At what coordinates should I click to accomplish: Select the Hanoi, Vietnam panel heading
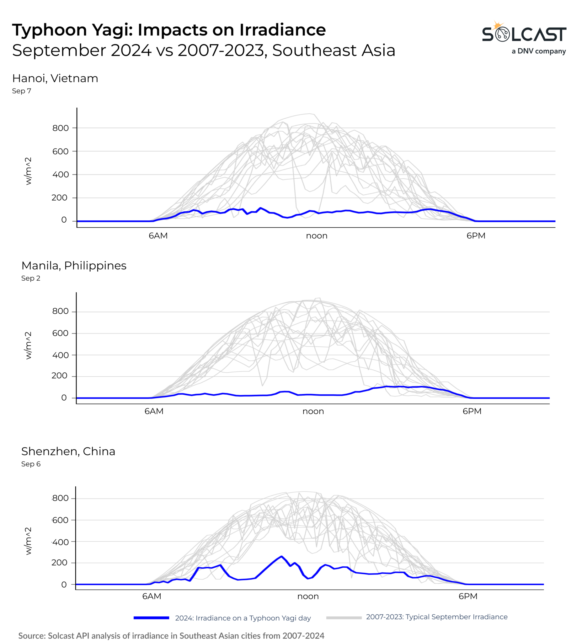click(x=55, y=78)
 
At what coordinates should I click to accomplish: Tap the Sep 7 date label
click(x=21, y=91)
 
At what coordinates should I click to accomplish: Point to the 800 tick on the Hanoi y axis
click(x=61, y=128)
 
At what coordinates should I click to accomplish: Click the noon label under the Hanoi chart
click(x=317, y=236)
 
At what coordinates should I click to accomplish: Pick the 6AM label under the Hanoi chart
click(x=158, y=236)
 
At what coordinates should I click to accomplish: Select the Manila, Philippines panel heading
click(x=74, y=266)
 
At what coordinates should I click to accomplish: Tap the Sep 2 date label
click(x=31, y=278)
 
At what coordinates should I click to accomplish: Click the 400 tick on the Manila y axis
click(x=61, y=355)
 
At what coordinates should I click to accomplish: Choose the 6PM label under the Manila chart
click(x=472, y=411)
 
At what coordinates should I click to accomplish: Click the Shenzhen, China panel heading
click(x=68, y=451)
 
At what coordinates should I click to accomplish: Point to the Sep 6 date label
click(x=31, y=464)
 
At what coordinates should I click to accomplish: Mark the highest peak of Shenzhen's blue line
click(x=281, y=557)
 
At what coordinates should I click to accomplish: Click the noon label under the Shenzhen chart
click(x=308, y=597)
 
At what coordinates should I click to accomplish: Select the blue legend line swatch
click(x=151, y=618)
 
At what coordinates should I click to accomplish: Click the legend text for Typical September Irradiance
click(x=437, y=617)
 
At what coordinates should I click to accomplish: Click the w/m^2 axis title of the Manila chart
click(x=28, y=345)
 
